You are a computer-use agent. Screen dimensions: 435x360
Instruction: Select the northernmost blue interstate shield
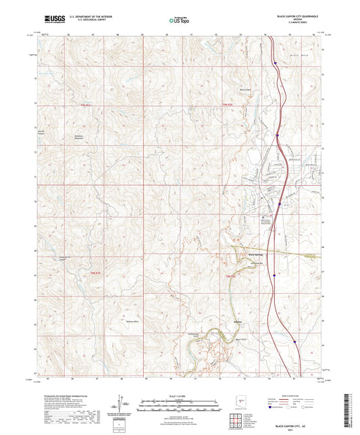pos(276,64)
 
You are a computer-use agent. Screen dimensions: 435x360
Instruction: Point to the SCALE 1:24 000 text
pos(179,396)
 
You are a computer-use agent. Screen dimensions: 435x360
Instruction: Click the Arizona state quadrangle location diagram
pos(242,401)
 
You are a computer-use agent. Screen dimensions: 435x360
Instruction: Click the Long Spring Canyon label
pos(59,257)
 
